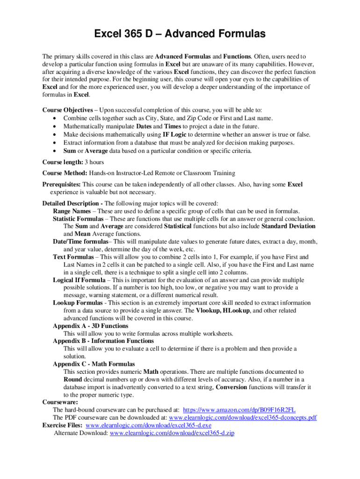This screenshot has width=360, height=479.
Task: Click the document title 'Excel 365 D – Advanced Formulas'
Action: (180, 34)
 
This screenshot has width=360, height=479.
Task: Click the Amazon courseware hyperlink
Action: (245, 409)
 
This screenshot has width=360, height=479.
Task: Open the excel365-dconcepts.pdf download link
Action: (243, 417)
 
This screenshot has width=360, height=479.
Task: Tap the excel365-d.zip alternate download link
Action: (172, 433)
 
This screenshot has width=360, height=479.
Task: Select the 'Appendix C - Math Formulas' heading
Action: (94, 364)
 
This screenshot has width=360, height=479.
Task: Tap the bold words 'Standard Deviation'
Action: (288, 226)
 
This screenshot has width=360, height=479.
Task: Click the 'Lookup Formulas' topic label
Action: (78, 303)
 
